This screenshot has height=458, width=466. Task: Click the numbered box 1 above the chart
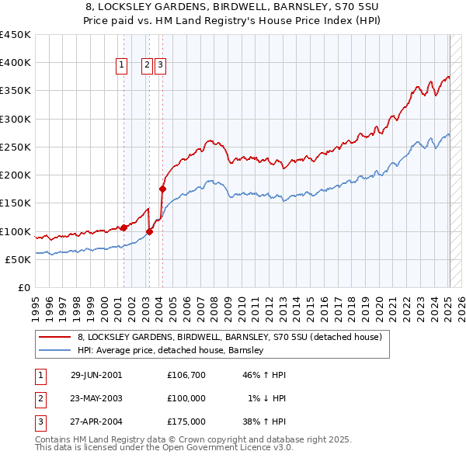point(123,67)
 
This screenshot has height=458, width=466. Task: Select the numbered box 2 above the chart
point(147,67)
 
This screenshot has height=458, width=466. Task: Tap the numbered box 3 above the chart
point(160,67)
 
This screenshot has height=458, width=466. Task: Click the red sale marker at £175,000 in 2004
point(162,188)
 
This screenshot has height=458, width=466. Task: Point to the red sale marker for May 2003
point(149,231)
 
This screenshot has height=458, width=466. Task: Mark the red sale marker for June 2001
point(123,227)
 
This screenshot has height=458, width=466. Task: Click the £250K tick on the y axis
point(16,147)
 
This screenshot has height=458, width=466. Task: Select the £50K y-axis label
point(19,259)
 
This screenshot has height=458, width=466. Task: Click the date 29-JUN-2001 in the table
point(96,375)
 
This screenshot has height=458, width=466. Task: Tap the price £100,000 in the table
point(186,398)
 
